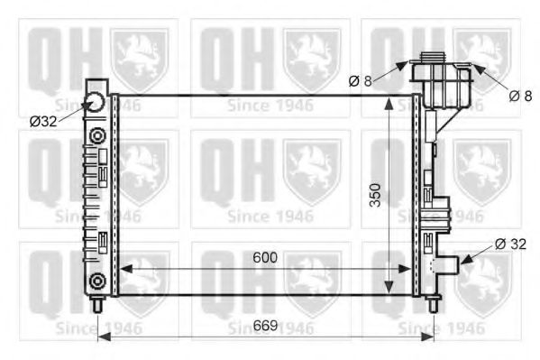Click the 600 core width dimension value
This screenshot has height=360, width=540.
(264, 257)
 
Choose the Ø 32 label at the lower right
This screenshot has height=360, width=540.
(510, 242)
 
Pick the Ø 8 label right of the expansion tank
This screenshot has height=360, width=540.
(520, 95)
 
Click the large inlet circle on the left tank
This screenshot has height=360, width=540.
(97, 102)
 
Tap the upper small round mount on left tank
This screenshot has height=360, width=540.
(96, 135)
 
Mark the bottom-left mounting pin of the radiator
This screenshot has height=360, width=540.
(96, 304)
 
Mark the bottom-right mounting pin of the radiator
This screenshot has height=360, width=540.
(433, 304)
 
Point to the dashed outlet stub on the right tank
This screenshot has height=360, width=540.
(444, 263)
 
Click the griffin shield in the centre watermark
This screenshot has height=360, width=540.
(311, 165)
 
